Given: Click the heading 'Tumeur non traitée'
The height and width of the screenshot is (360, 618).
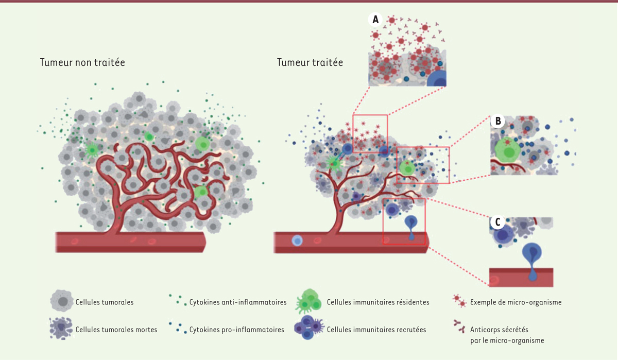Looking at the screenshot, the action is pos(82,62).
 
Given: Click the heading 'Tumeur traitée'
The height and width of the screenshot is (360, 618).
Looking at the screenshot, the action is pos(310,62).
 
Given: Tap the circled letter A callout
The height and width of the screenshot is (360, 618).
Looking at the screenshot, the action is pos(375,20).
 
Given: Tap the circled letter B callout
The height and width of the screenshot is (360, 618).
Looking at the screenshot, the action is pos(497,121).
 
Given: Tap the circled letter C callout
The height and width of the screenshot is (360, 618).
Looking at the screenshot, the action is pos(497,222).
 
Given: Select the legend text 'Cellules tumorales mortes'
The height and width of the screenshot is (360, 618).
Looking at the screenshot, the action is pos(116,330).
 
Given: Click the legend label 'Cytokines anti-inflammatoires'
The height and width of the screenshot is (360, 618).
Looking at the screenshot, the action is pos(238,302).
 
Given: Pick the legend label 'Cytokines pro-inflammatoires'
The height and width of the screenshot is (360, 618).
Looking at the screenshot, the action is pos(236,330).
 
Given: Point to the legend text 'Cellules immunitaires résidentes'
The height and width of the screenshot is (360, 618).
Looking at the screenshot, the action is pos(378,302).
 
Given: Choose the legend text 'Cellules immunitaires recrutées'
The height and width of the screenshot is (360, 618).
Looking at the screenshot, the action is pos(376,330).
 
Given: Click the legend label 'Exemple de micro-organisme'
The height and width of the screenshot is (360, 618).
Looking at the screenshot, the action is pos(516,302).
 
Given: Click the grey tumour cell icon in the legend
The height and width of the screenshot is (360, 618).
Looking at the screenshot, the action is pos(62,301).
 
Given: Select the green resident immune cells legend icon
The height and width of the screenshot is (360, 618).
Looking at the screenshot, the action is pos(308,301).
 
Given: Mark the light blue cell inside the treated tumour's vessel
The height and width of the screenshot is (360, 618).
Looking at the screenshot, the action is pos(297,241).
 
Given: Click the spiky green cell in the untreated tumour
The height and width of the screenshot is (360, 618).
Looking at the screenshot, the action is pos(92,150).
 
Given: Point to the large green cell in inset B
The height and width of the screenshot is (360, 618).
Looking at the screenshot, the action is pos(507,150).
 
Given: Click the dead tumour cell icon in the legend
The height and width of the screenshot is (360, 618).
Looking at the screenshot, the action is pos(61,328).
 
